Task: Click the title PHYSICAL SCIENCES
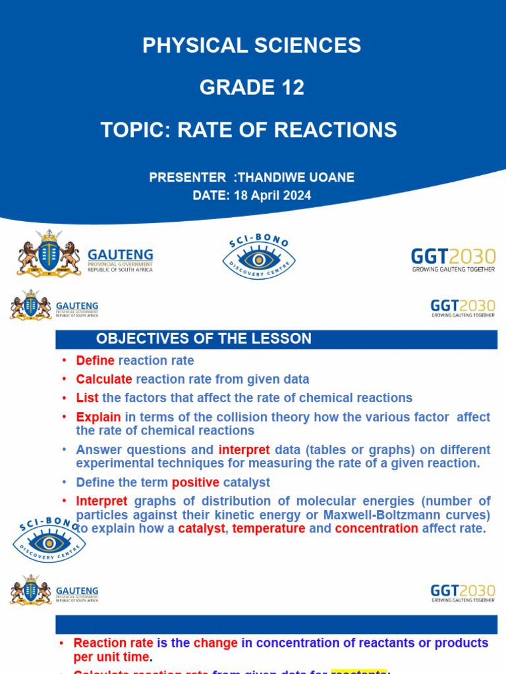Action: click(x=252, y=45)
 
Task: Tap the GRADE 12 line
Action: click(x=252, y=87)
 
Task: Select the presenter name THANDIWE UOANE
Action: click(x=295, y=177)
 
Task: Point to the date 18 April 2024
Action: click(x=272, y=195)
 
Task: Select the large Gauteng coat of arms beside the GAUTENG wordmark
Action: click(x=48, y=253)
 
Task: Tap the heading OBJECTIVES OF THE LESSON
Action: click(x=204, y=339)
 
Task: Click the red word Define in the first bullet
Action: click(x=95, y=361)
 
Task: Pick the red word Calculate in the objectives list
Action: click(x=104, y=379)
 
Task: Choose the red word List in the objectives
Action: click(x=87, y=398)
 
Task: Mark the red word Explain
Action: click(x=98, y=417)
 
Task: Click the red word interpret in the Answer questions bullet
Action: click(x=244, y=450)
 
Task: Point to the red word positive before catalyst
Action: click(x=195, y=482)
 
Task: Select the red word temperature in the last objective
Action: click(x=269, y=528)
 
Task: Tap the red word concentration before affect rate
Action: click(x=376, y=528)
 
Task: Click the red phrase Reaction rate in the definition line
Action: click(x=113, y=643)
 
